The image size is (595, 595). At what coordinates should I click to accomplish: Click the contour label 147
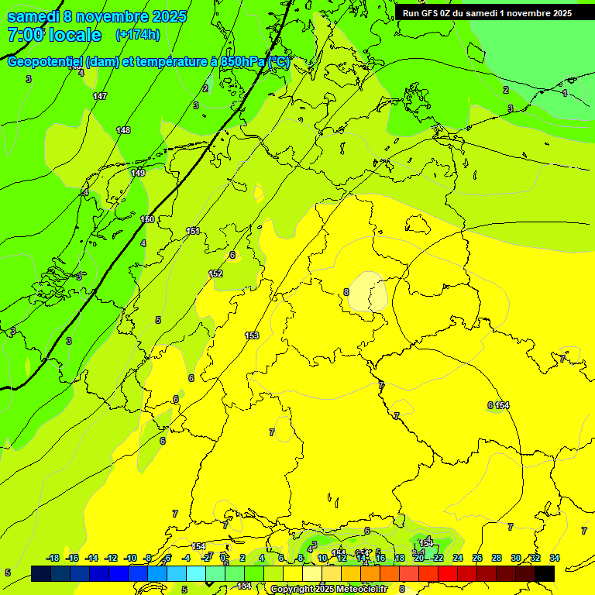click(100, 96)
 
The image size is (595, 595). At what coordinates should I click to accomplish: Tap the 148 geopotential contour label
click(123, 130)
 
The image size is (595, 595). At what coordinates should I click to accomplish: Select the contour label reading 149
click(138, 173)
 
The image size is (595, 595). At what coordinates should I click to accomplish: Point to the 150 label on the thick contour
click(147, 220)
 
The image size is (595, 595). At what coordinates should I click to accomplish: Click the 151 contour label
click(193, 231)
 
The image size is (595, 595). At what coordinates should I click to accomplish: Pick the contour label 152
click(216, 273)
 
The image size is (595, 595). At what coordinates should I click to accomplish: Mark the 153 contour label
click(252, 335)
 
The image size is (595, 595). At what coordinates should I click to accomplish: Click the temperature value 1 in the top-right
click(565, 93)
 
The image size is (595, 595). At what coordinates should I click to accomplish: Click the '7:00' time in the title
click(25, 35)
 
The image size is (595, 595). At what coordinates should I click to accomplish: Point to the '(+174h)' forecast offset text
click(137, 35)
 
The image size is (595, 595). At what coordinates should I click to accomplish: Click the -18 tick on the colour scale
click(53, 558)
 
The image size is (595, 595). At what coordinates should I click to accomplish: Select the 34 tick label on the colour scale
click(555, 558)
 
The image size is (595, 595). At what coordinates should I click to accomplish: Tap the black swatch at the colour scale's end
click(545, 573)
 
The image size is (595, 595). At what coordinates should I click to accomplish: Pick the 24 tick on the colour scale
click(458, 558)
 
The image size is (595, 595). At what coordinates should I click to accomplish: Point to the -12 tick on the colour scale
click(111, 558)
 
